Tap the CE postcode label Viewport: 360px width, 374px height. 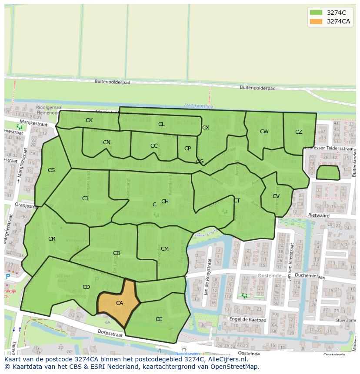(159, 319)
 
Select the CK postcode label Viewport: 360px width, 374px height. (89, 120)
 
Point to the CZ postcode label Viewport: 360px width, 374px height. (299, 132)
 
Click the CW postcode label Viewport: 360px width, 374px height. (264, 132)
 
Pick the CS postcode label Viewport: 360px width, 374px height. (51, 170)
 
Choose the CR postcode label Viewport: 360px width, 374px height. (52, 239)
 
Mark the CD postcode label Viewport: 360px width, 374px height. (86, 287)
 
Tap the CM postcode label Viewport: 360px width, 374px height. (165, 249)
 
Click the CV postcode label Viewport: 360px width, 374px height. (276, 196)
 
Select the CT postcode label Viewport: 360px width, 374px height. (237, 201)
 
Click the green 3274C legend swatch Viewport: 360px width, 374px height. (316, 13)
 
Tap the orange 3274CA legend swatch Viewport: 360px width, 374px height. (316, 22)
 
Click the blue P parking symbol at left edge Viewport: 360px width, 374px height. (7, 276)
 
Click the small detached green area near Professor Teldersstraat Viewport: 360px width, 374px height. (328, 172)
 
